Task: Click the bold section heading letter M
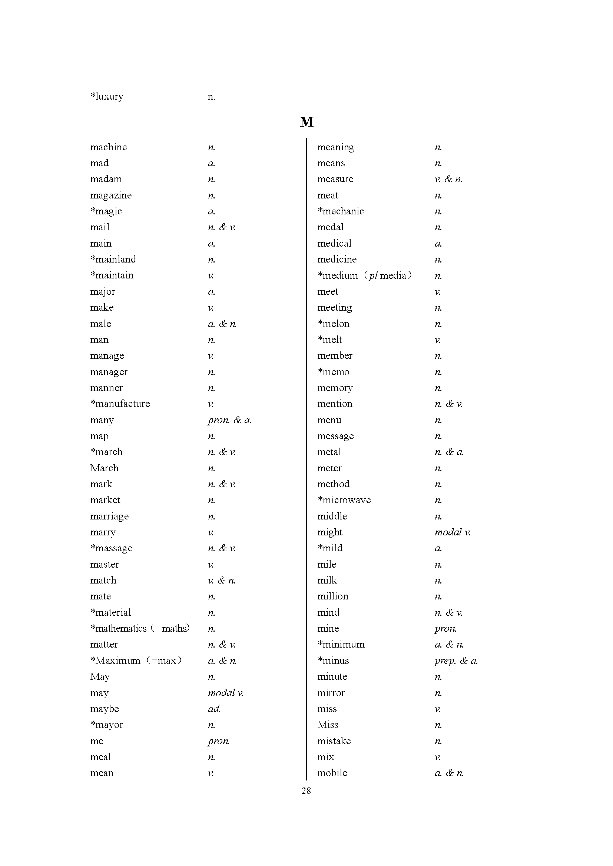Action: click(306, 122)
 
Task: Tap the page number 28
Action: click(306, 790)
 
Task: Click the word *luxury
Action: click(107, 97)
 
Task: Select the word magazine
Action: click(111, 195)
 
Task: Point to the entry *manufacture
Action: click(120, 404)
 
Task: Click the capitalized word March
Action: click(104, 468)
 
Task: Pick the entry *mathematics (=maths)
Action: click(140, 628)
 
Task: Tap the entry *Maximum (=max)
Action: click(136, 661)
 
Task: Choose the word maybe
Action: click(105, 709)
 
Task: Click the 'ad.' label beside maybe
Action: click(213, 709)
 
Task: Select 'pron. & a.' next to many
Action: click(229, 420)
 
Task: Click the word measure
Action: click(335, 179)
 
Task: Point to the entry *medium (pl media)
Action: click(364, 275)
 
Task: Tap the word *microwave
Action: click(344, 500)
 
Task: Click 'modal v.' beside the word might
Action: click(452, 532)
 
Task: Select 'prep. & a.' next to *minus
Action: click(456, 661)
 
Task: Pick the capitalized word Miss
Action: click(328, 725)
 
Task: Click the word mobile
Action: click(332, 773)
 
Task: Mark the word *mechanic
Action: click(341, 211)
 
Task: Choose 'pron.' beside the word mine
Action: click(445, 628)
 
